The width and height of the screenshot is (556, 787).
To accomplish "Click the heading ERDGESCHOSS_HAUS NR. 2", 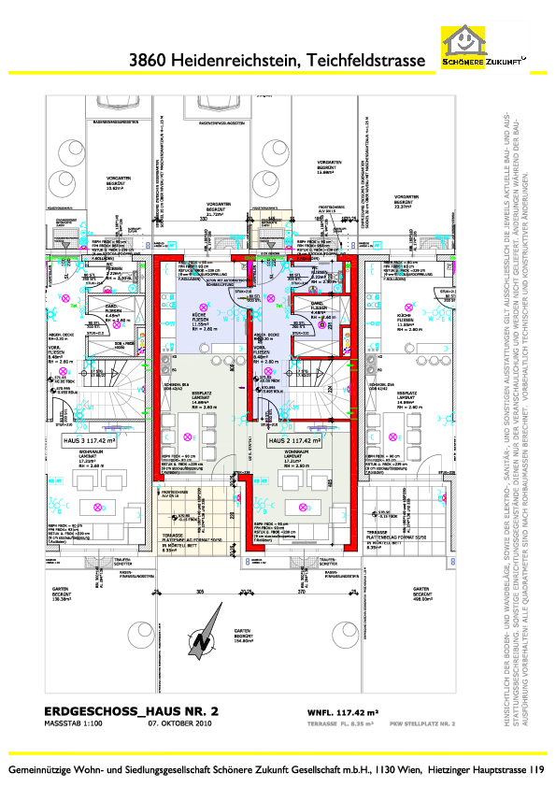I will tap(132, 712).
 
